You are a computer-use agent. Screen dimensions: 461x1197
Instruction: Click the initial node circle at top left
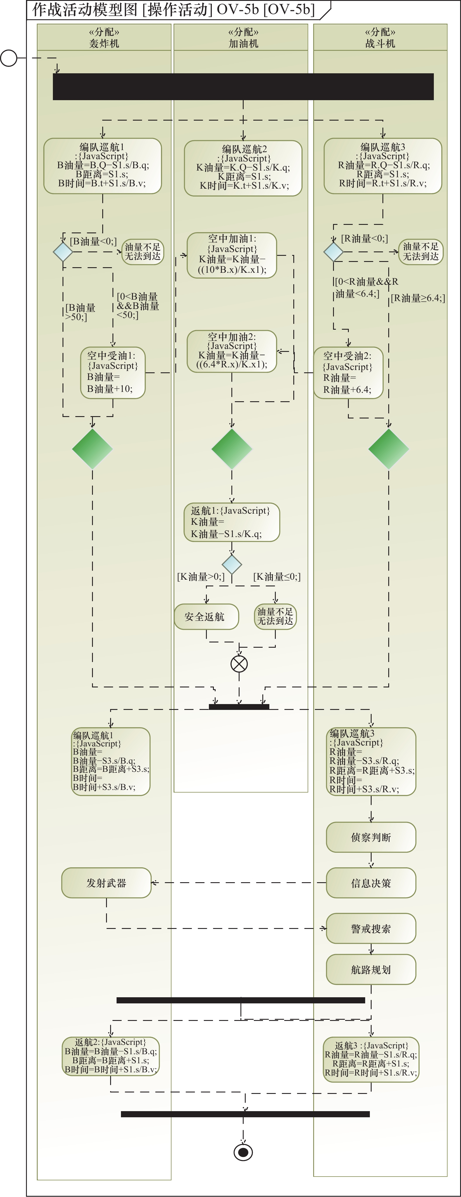[8, 58]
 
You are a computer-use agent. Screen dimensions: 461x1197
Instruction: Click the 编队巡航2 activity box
[243, 168]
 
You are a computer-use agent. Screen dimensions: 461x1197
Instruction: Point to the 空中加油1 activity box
[232, 255]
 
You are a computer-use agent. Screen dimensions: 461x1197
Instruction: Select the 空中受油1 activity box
[113, 373]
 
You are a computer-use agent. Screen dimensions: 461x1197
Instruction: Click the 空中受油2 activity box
[349, 373]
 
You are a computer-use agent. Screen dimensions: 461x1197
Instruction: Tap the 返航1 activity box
[232, 522]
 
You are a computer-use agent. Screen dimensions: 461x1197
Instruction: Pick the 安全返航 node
[206, 617]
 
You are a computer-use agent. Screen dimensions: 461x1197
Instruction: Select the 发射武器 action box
[106, 883]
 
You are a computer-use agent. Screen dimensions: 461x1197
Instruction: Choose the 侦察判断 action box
[371, 837]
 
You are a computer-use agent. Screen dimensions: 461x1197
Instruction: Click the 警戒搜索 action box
[371, 928]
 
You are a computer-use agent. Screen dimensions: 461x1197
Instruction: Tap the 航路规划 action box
[371, 969]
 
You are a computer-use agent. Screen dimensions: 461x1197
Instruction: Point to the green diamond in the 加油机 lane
[232, 449]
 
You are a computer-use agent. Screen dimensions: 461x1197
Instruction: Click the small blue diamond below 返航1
[232, 564]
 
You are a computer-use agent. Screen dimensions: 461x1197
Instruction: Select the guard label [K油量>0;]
[201, 577]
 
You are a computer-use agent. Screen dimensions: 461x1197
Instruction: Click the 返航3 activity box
[371, 1059]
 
